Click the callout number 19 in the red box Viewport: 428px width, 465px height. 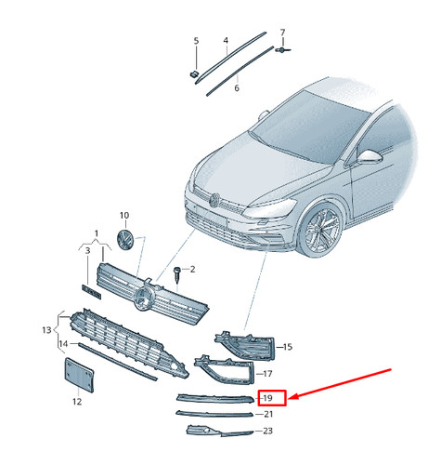click(x=267, y=398)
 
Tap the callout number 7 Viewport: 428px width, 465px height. click(x=282, y=33)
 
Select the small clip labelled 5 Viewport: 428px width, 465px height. click(x=193, y=74)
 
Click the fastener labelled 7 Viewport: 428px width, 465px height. click(x=283, y=49)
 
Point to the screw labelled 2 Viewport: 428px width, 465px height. click(x=177, y=274)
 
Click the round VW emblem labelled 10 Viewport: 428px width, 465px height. click(x=125, y=239)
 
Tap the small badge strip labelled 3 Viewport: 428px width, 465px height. click(x=91, y=292)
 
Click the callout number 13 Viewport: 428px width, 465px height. click(x=46, y=330)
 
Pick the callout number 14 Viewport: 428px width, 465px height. click(x=63, y=344)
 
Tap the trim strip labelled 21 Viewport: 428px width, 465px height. click(x=214, y=414)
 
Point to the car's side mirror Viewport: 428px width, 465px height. click(x=370, y=156)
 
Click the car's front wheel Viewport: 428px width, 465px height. click(x=322, y=231)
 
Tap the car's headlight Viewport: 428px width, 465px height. click(x=268, y=208)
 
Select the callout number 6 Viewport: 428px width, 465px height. click(x=237, y=88)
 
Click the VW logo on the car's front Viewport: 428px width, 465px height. click(x=214, y=201)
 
